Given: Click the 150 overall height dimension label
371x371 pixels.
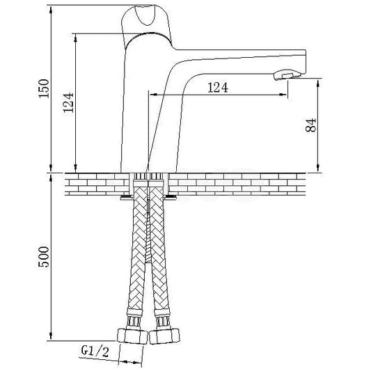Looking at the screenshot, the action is tap(44, 88).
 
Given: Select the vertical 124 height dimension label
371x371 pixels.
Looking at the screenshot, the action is tap(69, 102).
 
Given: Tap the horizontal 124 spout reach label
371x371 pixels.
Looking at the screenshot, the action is tap(218, 88).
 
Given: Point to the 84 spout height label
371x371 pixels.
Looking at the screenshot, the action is tap(310, 125).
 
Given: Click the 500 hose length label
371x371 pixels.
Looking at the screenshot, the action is tap(44, 257).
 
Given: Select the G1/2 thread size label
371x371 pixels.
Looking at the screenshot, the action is tap(95, 351).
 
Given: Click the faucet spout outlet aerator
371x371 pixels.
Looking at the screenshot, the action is tap(287, 74).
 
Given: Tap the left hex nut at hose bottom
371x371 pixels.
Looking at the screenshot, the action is tap(132, 336).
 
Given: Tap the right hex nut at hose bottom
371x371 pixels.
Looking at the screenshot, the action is tap(164, 336).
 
